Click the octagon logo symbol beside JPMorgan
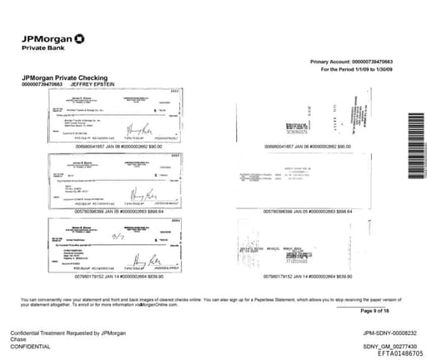78,37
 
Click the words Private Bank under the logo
42,47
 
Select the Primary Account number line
351,62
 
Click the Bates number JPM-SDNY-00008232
384,332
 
